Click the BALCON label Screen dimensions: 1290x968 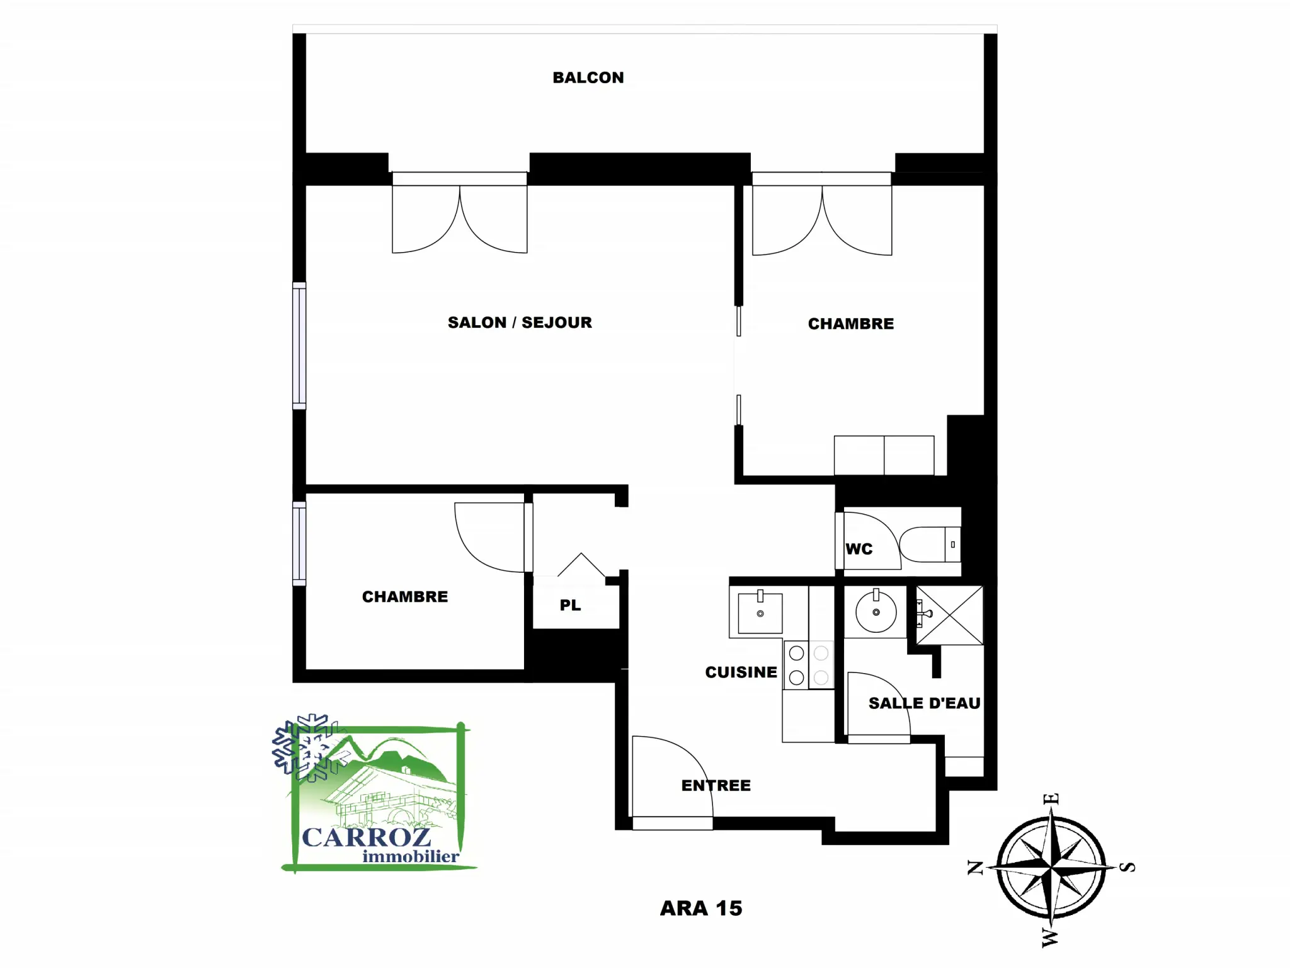[x=588, y=78]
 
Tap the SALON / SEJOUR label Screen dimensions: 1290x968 [x=520, y=323]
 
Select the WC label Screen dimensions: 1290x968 [x=859, y=549]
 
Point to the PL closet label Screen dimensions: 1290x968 [x=570, y=605]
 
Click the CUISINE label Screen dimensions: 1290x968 [x=741, y=672]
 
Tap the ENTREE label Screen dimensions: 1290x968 [x=716, y=785]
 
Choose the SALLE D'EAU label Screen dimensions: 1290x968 [x=924, y=703]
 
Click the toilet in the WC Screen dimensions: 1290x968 [x=930, y=544]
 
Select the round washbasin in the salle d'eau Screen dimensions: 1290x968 [x=876, y=611]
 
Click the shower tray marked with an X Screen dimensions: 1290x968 [x=949, y=615]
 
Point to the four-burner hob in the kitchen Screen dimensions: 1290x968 [x=809, y=665]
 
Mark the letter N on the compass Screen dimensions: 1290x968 [x=975, y=868]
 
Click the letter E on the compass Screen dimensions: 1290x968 [x=1051, y=798]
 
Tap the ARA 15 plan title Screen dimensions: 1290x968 [x=701, y=908]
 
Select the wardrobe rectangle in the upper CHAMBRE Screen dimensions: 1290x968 [x=884, y=455]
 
